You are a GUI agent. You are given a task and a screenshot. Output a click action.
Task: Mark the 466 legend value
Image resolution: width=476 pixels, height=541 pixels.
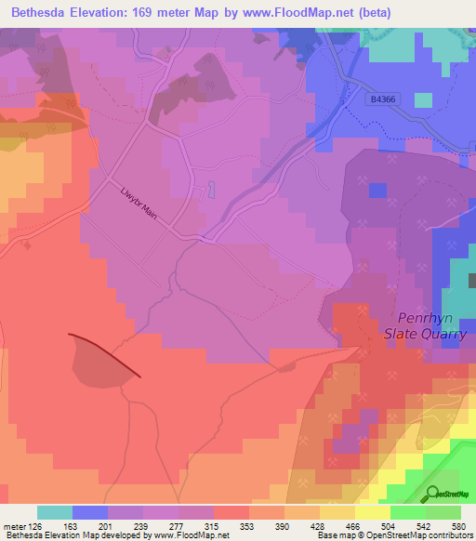[x=351, y=525]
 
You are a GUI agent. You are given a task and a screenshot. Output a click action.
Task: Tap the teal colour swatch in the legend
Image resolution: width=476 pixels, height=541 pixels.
[x=55, y=512]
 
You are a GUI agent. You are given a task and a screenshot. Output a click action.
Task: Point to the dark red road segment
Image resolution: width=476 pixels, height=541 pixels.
[x=105, y=354]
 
